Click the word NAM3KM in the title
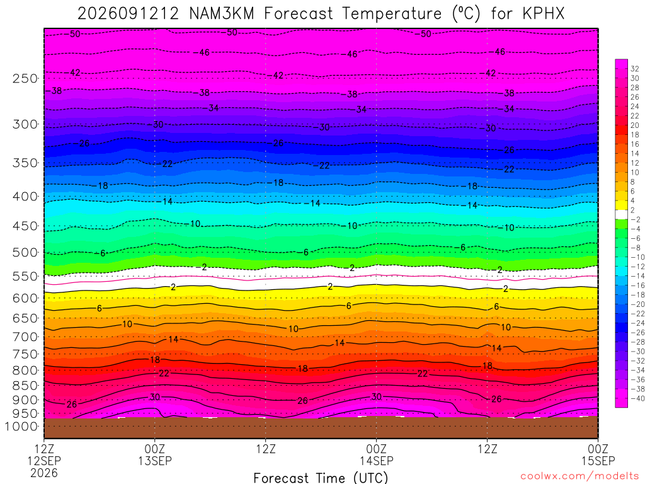coord(222,14)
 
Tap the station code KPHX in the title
coord(544,14)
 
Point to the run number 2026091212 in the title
coord(128,14)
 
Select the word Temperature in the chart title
coord(392,14)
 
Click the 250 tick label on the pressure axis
coord(25,78)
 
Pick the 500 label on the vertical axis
coord(25,252)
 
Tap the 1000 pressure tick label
coord(22,427)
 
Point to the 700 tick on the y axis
coord(25,337)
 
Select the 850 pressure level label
coord(25,386)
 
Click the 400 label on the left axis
coord(25,197)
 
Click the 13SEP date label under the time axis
coord(155,461)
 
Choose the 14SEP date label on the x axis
coord(377,461)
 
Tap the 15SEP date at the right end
coord(598,461)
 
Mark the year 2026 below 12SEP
coord(44,473)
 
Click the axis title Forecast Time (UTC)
coord(321,478)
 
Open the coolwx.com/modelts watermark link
coord(579,476)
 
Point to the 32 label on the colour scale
coord(635,69)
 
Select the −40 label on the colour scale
coord(637,398)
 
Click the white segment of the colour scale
coord(621,214)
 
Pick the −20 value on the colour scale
coord(637,304)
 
